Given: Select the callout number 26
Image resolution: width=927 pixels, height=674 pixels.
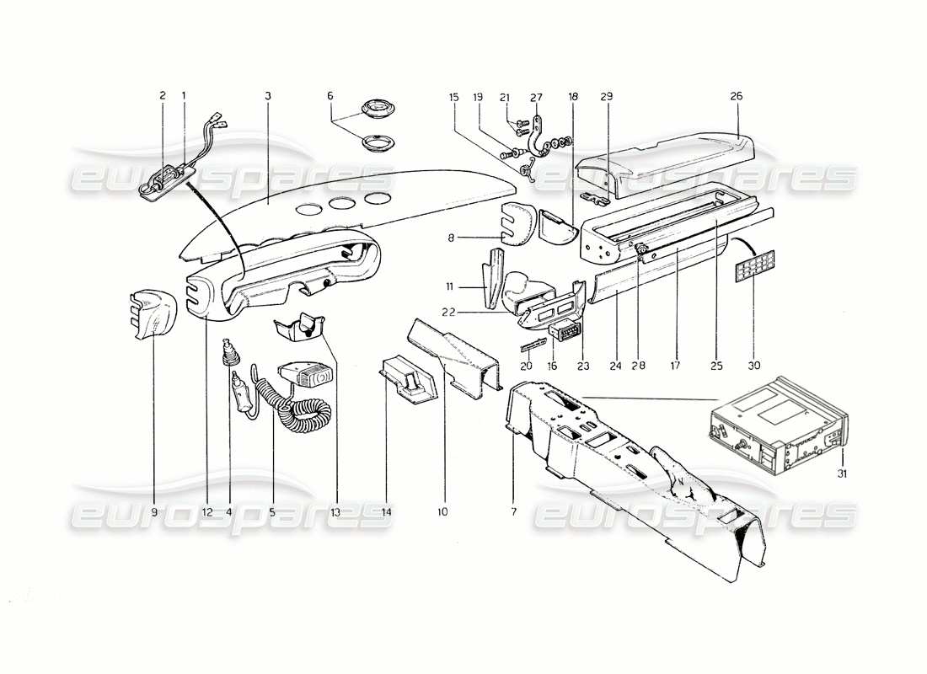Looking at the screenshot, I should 736,96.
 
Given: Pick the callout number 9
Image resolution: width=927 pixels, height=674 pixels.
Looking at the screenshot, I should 153,511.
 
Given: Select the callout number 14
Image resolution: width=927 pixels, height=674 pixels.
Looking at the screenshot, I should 385,511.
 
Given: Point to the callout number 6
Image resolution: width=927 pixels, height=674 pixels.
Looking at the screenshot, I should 330,96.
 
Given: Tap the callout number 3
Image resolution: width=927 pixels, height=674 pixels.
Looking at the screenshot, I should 267,96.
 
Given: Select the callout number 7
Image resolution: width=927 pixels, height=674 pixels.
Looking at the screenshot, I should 513,511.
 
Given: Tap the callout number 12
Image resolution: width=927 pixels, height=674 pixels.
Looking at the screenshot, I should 207,511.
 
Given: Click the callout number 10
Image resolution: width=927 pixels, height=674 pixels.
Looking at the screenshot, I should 442,511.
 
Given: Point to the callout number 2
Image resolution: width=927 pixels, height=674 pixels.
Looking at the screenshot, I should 162,96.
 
